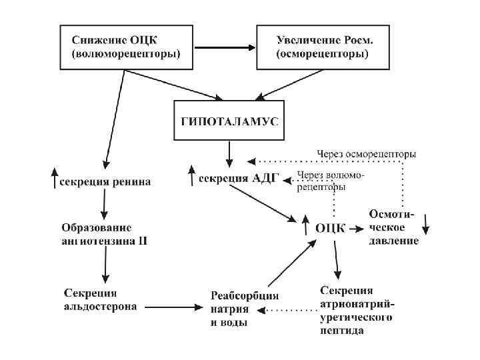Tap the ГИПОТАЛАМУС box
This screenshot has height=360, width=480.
229,121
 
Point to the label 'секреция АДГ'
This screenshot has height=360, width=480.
233,178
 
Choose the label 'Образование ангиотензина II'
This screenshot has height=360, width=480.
104,233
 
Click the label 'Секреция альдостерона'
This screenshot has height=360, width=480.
101,300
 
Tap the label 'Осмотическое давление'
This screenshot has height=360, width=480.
393,227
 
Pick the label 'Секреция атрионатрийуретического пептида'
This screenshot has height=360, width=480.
357,310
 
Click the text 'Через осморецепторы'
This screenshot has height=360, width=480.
366,154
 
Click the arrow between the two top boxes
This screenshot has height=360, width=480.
225,48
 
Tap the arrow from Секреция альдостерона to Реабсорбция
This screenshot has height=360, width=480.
172,307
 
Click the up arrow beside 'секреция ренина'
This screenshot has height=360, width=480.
54,177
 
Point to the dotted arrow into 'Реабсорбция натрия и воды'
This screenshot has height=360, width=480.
287,311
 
